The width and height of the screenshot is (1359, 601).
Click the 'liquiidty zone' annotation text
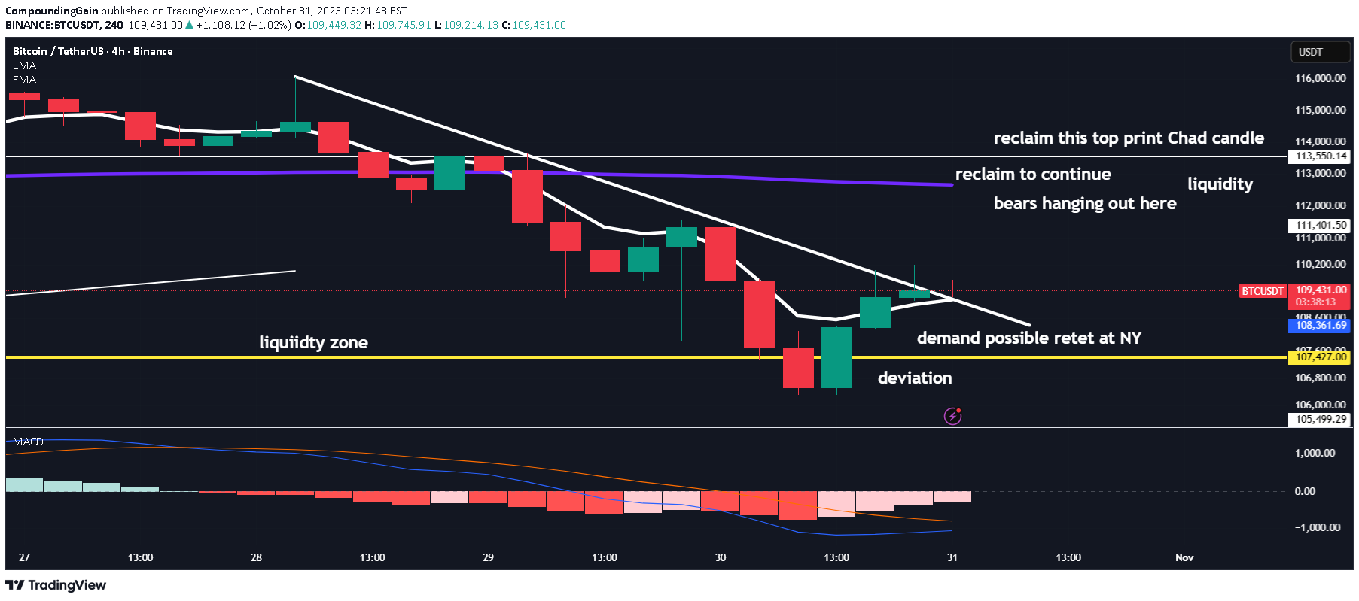pyautogui.click(x=313, y=343)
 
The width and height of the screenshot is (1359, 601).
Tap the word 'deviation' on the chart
pyautogui.click(x=914, y=378)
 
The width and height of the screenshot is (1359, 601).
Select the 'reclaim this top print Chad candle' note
pyautogui.click(x=1128, y=138)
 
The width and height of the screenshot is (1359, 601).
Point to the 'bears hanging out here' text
pyautogui.click(x=1084, y=204)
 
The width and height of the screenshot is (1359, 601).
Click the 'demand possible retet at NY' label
pyautogui.click(x=1028, y=338)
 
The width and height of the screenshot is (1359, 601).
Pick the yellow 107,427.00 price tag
pyautogui.click(x=1320, y=357)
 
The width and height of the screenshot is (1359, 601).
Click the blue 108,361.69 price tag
pyautogui.click(x=1320, y=326)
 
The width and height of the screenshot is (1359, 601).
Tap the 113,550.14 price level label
pyautogui.click(x=1320, y=156)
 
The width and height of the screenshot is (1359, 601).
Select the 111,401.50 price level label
pyautogui.click(x=1320, y=226)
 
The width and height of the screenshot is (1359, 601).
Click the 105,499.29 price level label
pyautogui.click(x=1320, y=420)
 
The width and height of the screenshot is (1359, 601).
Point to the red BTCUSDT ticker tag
pyautogui.click(x=1263, y=291)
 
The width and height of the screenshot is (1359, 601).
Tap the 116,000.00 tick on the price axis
pyautogui.click(x=1320, y=78)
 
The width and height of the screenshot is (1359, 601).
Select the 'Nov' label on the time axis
pyautogui.click(x=1184, y=557)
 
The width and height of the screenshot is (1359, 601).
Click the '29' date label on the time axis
pyautogui.click(x=489, y=557)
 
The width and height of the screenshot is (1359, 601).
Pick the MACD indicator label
pyautogui.click(x=28, y=442)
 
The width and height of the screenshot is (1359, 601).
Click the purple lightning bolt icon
pyautogui.click(x=952, y=416)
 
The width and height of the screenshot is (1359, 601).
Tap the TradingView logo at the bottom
pyautogui.click(x=56, y=585)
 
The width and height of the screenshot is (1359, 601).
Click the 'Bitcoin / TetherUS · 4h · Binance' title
pyautogui.click(x=93, y=51)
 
